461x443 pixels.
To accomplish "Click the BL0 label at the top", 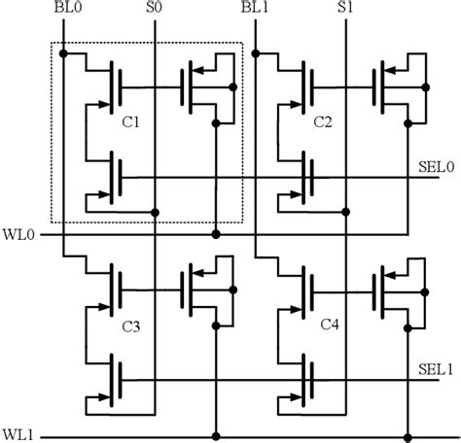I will [x=62, y=8].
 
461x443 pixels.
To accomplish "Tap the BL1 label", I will [x=255, y=8].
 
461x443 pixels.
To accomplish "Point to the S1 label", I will [x=345, y=8].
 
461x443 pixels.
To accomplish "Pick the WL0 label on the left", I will [x=18, y=234].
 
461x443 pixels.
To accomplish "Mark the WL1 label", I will [x=18, y=433].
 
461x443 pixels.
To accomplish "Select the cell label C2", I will [x=324, y=123].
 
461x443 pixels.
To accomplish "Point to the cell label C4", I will [x=328, y=327].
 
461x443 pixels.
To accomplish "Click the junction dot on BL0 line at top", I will [x=62, y=52].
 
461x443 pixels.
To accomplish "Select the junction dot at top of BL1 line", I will [x=255, y=52].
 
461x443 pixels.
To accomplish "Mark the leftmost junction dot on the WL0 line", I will [x=216, y=234].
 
